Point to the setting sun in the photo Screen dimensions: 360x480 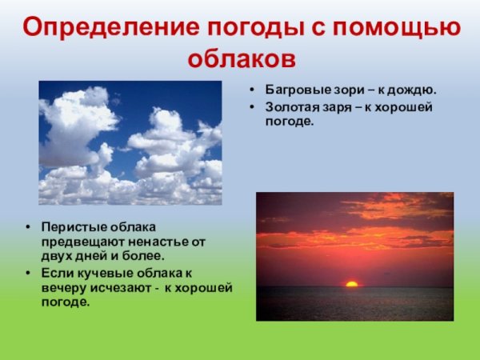[351, 283]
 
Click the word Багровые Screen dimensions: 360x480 [295, 90]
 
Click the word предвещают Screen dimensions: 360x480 [78, 241]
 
